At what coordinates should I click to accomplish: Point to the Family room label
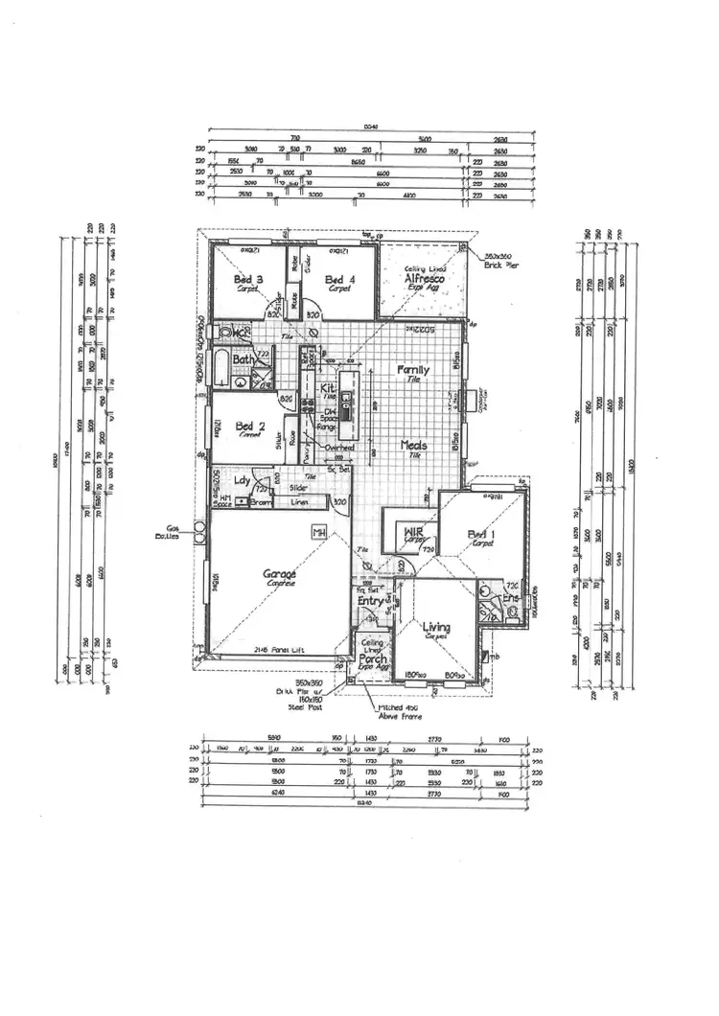coord(415,369)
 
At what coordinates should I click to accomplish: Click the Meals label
coord(415,446)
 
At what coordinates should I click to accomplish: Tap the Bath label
coord(243,360)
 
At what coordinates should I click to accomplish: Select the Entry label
coord(370,601)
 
